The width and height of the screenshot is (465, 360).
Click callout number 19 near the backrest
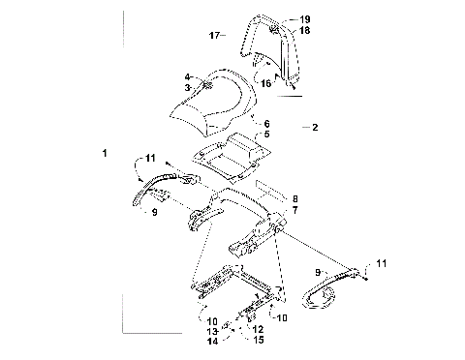305,19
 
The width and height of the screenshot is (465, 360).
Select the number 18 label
305,31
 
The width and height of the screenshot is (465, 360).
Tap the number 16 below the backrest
264,83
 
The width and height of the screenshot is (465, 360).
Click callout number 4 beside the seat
189,76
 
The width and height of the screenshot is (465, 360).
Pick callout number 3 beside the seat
189,87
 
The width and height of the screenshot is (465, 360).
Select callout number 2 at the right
314,127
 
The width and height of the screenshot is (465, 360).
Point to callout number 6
267,124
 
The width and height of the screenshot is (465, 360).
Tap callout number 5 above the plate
267,135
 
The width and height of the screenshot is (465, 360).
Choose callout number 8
294,197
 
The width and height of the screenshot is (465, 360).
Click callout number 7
294,209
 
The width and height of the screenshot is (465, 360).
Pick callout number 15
258,341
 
